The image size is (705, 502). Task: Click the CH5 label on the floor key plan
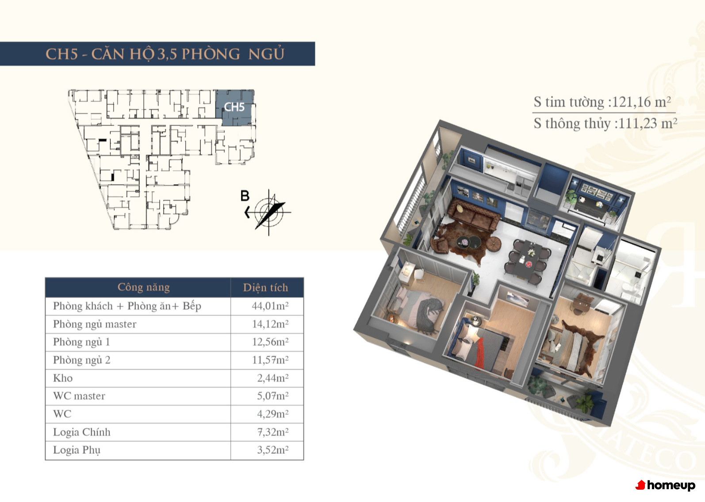coord(234,107)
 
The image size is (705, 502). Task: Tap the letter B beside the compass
coord(245,196)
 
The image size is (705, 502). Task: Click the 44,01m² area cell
coord(270,306)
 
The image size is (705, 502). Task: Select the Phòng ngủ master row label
coord(95,324)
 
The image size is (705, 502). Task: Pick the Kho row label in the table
coord(63,378)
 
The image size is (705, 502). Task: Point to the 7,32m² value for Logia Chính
coord(273,432)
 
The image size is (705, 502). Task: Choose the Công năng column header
coord(143,287)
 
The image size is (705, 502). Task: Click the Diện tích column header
coord(265,287)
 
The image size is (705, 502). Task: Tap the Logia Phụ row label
coord(77,450)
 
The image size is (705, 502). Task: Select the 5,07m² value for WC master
coord(273,396)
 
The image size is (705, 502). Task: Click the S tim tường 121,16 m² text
coord(602,102)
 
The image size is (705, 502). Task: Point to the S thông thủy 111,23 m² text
coord(605,123)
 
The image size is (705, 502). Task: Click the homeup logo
coord(665,485)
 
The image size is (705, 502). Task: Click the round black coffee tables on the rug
coord(469,242)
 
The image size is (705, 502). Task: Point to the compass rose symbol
coord(269,212)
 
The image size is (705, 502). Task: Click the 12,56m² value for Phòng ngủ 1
coord(270,342)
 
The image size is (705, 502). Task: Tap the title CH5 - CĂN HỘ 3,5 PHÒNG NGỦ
coord(165,54)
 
